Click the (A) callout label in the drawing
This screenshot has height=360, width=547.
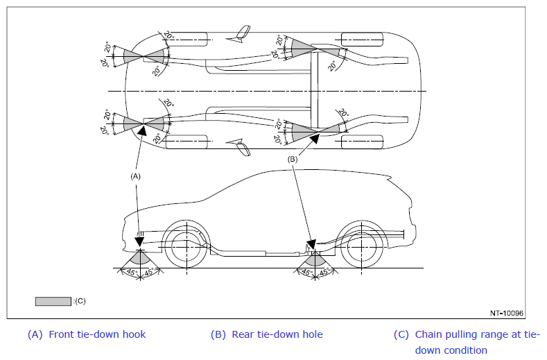tap(135, 176)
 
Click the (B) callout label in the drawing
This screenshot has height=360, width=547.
tap(293, 160)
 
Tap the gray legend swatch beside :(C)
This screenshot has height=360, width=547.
tap(53, 301)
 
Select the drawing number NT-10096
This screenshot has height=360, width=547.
tap(507, 313)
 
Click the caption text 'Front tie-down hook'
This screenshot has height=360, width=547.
tap(97, 334)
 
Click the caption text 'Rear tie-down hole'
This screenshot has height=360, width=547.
tap(277, 334)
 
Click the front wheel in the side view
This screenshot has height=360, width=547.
tap(186, 246)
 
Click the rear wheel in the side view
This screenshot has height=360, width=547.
tap(362, 246)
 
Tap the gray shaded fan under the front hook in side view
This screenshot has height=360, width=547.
tap(140, 258)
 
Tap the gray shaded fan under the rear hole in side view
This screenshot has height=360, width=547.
tap(315, 258)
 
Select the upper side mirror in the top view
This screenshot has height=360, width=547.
tap(240, 34)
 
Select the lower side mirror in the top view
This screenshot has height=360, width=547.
tap(240, 147)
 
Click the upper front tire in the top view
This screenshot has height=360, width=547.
tap(186, 40)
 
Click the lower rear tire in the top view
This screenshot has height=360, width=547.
tap(362, 142)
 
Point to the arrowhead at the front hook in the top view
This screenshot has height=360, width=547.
tap(141, 130)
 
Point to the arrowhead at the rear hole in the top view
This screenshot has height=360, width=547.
tap(315, 139)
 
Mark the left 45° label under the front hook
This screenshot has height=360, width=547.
tap(131, 272)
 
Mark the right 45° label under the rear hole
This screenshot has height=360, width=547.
tap(324, 272)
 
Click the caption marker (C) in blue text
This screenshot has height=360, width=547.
tap(401, 334)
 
